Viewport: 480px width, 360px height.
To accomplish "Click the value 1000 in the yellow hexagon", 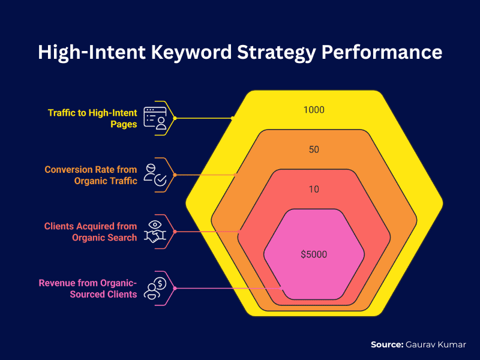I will [x=314, y=110].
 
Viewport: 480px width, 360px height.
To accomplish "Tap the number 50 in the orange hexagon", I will [x=314, y=149].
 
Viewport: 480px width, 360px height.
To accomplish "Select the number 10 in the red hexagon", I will [x=314, y=190].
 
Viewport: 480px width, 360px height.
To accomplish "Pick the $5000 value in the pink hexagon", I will [x=314, y=254].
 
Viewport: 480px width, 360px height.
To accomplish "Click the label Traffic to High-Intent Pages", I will [x=92, y=118].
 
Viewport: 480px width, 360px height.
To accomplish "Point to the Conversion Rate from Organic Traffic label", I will [x=91, y=175].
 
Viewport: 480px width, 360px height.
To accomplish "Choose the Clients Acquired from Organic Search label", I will [x=91, y=232].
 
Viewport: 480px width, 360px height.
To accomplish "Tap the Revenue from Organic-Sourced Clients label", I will [x=88, y=289].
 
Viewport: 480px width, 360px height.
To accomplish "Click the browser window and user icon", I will [x=155, y=118].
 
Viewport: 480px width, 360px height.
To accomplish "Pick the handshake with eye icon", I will [x=155, y=232].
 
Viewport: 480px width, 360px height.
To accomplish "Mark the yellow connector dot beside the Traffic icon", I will [x=175, y=118].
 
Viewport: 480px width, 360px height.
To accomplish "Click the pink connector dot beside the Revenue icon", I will [x=175, y=289].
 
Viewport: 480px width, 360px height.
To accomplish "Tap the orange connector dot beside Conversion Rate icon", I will [x=175, y=175].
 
